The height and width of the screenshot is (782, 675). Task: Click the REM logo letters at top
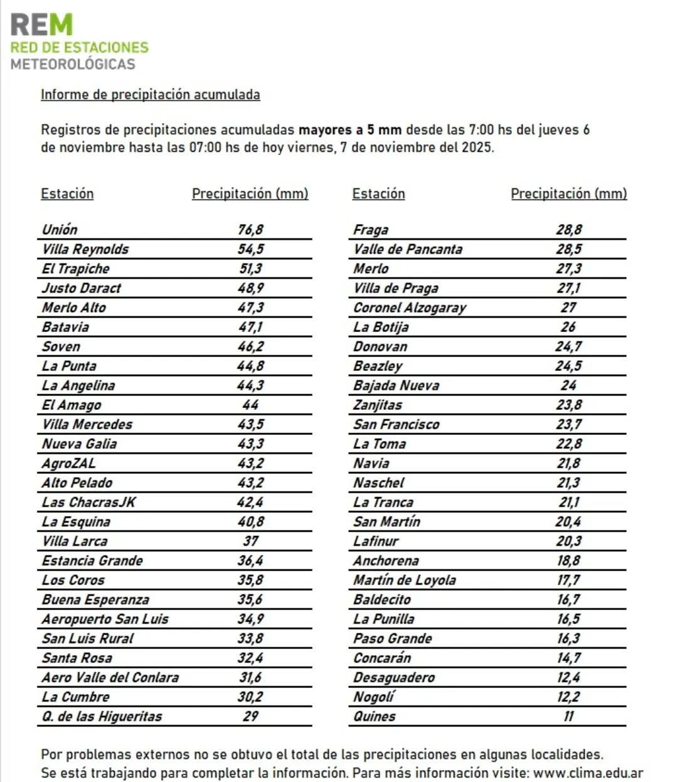pos(41,25)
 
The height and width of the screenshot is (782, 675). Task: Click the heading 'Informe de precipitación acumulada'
pos(150,95)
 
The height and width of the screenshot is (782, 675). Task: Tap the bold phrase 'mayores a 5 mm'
pos(349,130)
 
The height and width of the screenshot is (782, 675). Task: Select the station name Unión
pos(60,230)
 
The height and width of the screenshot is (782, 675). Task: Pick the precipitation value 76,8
pos(250,230)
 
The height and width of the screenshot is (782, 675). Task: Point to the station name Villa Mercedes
pos(87,424)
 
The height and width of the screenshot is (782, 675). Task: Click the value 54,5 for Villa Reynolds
pos(250,249)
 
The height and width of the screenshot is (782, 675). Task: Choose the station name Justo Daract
pos(82,288)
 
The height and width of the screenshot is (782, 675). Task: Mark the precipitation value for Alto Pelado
pos(250,483)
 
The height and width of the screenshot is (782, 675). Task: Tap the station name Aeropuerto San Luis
pos(105,619)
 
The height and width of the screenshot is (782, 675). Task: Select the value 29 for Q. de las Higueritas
pos(250,716)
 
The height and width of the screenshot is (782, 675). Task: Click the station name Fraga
pos(371,230)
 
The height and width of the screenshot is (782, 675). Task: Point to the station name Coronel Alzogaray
pos(410,308)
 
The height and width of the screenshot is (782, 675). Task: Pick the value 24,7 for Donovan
pos(568,346)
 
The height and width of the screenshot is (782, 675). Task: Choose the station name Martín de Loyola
pos(405,580)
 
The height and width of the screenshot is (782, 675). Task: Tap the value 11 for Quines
pos(568,716)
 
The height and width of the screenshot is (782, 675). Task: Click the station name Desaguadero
pos(394,677)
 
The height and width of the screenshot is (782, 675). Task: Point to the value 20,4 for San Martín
pos(568,522)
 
